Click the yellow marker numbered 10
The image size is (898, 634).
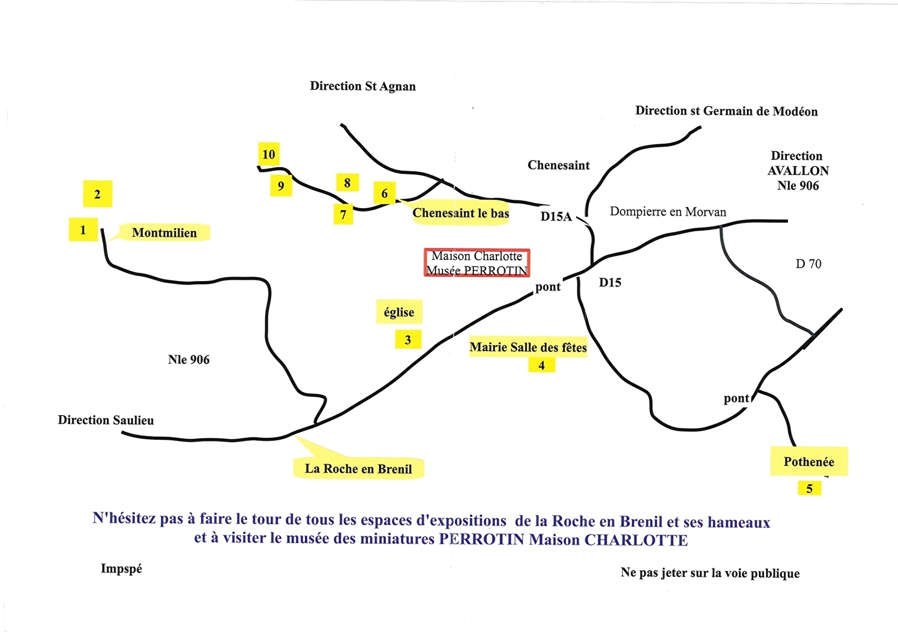tap(268, 154)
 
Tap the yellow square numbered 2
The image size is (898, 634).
tap(97, 194)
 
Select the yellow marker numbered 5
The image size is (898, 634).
tap(809, 488)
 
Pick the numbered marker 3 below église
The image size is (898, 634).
tap(408, 339)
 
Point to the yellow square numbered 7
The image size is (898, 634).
tap(343, 214)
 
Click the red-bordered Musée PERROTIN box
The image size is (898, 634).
tap(477, 263)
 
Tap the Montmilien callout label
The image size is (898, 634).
tap(165, 233)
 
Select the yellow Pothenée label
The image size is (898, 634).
tap(809, 461)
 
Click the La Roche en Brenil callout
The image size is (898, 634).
tap(358, 468)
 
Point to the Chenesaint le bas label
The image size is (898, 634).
tap(461, 213)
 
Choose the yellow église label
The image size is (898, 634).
tap(399, 311)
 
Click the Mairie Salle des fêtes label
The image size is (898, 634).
tap(528, 347)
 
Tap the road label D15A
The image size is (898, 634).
tap(556, 216)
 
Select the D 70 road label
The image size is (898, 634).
tap(809, 264)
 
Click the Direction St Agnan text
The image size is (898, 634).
tap(363, 86)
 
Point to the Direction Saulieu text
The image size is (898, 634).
tap(106, 420)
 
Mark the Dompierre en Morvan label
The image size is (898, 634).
tap(668, 212)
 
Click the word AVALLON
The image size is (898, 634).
tap(798, 171)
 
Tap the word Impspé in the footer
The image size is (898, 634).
tap(121, 569)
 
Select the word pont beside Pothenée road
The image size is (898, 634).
tap(736, 398)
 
